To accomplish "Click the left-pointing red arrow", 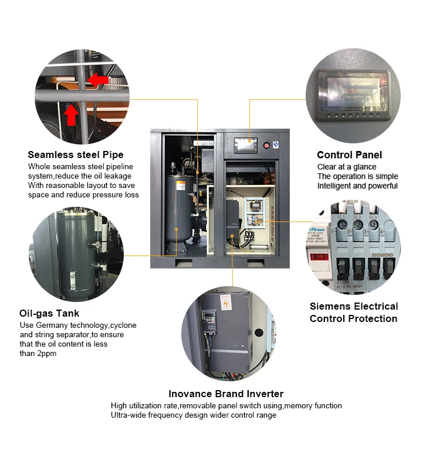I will [x=99, y=79].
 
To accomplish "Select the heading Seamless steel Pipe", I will [x=76, y=155].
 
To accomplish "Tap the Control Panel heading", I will [x=349, y=155].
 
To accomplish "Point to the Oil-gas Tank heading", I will [x=49, y=313].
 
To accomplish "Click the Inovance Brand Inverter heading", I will [x=226, y=394].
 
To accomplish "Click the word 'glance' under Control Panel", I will [x=364, y=167].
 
